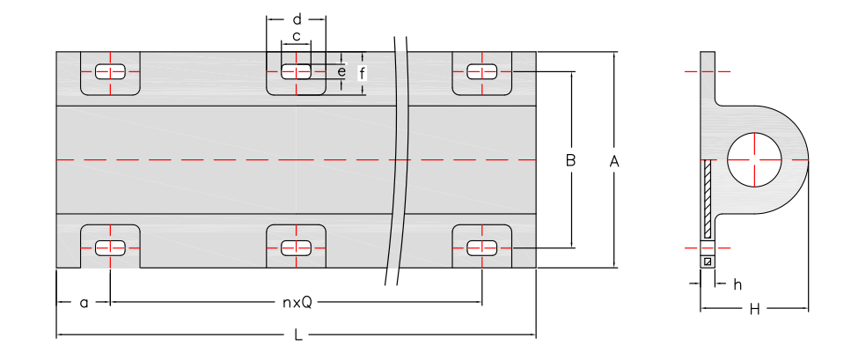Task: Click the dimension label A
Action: click(x=614, y=161)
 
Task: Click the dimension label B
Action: click(x=570, y=161)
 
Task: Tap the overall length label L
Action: click(x=298, y=335)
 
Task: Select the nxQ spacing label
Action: click(x=297, y=303)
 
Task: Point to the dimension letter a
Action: click(x=84, y=303)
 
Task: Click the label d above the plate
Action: click(x=297, y=19)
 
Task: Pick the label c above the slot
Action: click(x=297, y=36)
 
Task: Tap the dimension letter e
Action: click(x=341, y=71)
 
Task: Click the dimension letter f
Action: click(x=362, y=73)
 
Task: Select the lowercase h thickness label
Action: click(x=737, y=284)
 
